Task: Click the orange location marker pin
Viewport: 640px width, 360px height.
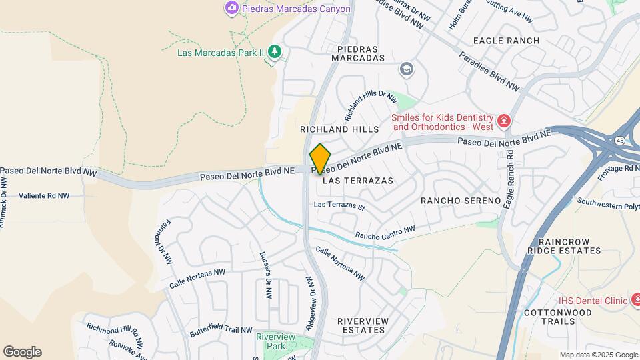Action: click(321, 159)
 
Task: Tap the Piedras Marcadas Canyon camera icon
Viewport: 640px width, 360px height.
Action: click(232, 8)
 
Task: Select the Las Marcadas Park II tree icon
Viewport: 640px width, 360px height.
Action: click(274, 52)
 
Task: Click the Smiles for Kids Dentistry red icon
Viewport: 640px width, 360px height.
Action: click(504, 121)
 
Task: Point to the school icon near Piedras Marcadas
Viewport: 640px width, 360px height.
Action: click(405, 69)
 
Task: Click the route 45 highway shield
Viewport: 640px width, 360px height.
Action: click(620, 141)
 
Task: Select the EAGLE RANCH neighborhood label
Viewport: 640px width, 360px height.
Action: click(506, 41)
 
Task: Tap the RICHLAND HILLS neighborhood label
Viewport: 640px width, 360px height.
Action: click(339, 129)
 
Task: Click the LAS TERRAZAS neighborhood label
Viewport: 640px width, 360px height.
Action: click(358, 181)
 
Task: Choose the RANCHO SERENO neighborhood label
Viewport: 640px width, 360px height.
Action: click(461, 201)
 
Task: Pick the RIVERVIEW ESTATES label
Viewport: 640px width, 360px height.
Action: click(363, 325)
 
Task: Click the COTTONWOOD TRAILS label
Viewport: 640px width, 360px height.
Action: click(549, 317)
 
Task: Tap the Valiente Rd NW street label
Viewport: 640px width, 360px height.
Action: click(44, 196)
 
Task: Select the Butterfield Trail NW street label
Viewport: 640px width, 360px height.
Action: click(221, 330)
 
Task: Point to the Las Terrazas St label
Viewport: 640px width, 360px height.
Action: click(339, 206)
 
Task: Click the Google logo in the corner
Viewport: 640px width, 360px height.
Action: click(22, 351)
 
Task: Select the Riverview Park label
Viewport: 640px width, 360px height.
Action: click(275, 341)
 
